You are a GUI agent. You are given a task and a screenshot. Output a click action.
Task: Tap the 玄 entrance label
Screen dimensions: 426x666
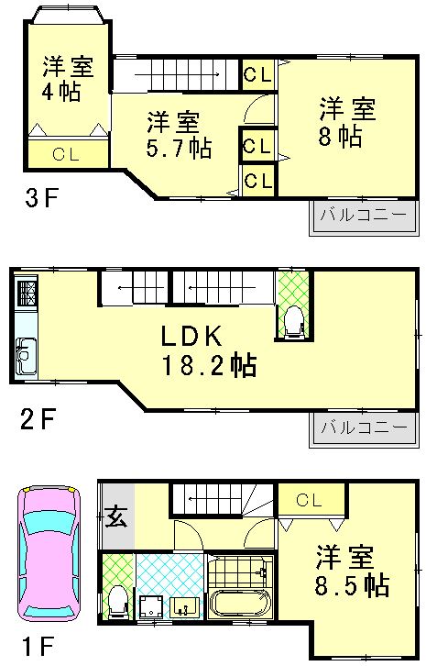pyautogui.click(x=115, y=517)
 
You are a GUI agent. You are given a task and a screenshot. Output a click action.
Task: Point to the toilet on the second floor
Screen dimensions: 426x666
pyautogui.click(x=293, y=322)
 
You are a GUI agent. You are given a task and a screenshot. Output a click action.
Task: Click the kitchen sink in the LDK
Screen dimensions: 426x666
pyautogui.click(x=25, y=356)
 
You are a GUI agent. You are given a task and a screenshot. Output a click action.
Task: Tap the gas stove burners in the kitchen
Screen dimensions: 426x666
pyautogui.click(x=27, y=294)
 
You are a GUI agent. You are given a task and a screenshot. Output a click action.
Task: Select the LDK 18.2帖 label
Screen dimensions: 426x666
pyautogui.click(x=209, y=350)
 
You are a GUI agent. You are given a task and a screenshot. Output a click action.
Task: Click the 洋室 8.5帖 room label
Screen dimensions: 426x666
pyautogui.click(x=352, y=572)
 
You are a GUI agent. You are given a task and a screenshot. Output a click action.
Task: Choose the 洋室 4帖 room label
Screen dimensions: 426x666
pyautogui.click(x=68, y=79)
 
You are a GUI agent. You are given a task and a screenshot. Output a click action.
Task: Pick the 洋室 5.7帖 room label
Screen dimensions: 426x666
pyautogui.click(x=179, y=135)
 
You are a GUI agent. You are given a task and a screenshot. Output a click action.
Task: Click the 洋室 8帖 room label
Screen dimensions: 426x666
pyautogui.click(x=347, y=122)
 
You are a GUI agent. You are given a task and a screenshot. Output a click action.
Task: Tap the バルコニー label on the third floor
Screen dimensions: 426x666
pyautogui.click(x=363, y=216)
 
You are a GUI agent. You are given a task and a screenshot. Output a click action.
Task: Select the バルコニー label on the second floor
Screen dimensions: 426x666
pyautogui.click(x=364, y=427)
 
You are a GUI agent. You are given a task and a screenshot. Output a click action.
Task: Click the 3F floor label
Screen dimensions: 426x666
pyautogui.click(x=41, y=198)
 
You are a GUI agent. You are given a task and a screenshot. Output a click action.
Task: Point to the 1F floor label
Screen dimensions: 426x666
pyautogui.click(x=38, y=648)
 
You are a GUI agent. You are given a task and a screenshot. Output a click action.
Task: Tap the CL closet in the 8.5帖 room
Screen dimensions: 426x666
pyautogui.click(x=311, y=499)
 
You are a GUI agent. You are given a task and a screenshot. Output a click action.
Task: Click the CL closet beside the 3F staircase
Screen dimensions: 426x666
pyautogui.click(x=258, y=74)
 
